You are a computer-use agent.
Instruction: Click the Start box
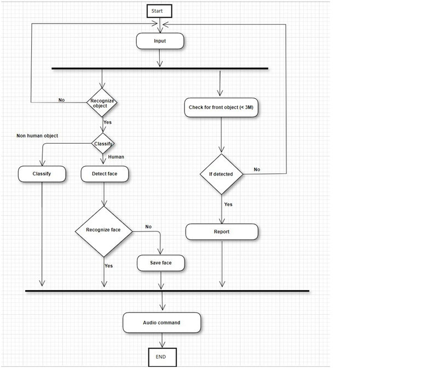coord(159,11)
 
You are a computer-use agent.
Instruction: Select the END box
coord(163,357)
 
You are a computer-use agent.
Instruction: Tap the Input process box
coord(160,41)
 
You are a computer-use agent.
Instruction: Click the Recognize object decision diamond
coord(102,103)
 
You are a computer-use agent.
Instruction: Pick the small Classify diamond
coord(103,144)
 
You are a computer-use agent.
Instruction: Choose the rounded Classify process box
coord(42,174)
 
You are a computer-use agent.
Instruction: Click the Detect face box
coord(105,174)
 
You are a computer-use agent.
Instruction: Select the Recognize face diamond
coord(103,231)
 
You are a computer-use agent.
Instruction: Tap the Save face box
coord(161,263)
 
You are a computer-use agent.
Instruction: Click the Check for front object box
coord(221,107)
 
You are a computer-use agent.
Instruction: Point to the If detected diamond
coord(222,174)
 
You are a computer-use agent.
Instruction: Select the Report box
coord(222,232)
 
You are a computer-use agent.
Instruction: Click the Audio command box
coord(162,322)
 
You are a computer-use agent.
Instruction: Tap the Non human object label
coord(37,135)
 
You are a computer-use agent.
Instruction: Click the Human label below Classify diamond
coord(116,157)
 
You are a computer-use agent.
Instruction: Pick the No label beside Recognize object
coord(62,100)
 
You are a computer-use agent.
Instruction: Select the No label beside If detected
coord(257,169)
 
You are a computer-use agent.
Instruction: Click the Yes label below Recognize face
coord(109,266)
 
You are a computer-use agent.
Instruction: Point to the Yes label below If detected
coord(228,205)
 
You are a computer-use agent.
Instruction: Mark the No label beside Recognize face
coord(148,227)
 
